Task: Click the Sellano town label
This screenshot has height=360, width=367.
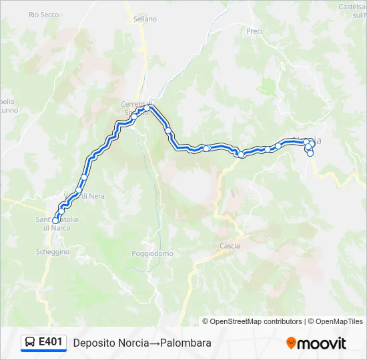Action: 145,19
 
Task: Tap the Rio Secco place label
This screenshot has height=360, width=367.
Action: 43,15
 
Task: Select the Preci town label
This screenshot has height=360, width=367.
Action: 254,31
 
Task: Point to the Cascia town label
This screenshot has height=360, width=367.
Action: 230,246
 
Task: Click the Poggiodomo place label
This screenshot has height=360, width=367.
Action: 152,253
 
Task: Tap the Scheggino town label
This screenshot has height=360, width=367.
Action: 53,251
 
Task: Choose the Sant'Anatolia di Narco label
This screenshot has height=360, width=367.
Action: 57,223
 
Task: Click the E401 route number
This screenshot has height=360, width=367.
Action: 51,342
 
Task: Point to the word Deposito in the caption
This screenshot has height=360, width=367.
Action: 92,343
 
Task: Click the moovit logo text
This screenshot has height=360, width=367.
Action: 322,343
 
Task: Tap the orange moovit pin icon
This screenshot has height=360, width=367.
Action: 291,343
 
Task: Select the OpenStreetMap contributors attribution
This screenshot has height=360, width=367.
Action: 252,321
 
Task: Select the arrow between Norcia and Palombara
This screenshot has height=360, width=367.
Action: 153,343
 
